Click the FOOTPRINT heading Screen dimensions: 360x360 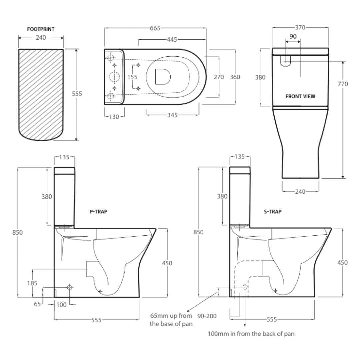click(41, 29)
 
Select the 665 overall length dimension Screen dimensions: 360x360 click(155, 28)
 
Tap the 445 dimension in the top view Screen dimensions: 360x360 click(172, 40)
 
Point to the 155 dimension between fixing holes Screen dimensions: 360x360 click(132, 77)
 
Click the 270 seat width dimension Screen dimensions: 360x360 click(219, 77)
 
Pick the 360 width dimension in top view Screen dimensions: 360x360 click(235, 77)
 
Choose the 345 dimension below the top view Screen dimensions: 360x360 click(172, 115)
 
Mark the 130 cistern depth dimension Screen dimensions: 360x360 click(114, 117)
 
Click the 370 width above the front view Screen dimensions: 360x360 click(300, 28)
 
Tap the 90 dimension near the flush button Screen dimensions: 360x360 click(293, 37)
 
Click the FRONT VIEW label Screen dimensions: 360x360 click(300, 96)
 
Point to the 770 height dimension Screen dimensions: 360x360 click(343, 84)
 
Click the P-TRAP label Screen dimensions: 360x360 click(98, 212)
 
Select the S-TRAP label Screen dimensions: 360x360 click(273, 212)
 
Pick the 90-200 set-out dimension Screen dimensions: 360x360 click(207, 316)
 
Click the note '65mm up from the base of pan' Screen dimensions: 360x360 click(171, 319)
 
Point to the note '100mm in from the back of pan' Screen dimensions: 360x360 click(251, 334)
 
